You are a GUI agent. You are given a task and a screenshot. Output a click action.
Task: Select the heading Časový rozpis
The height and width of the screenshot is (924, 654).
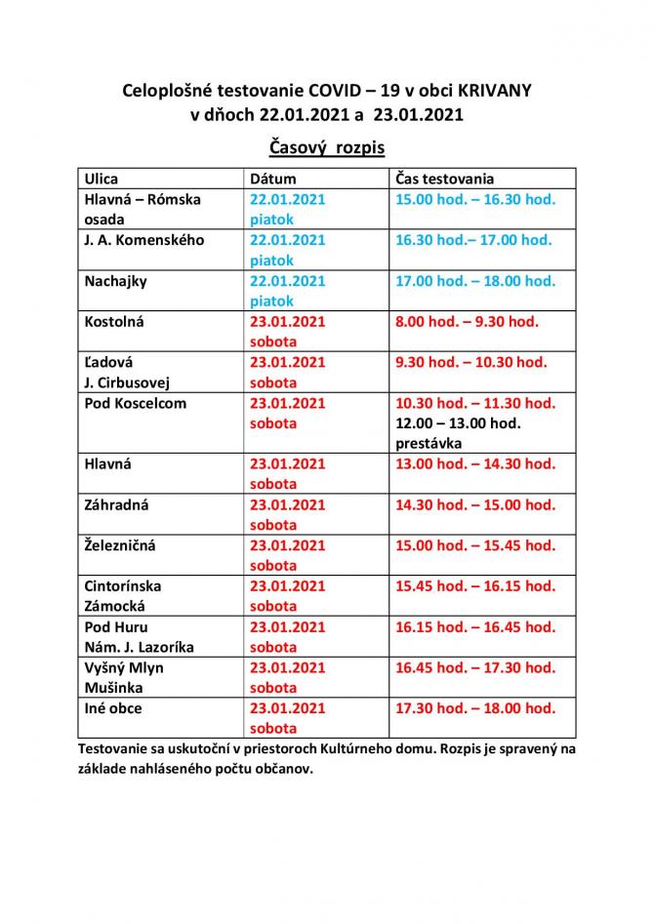[327, 147]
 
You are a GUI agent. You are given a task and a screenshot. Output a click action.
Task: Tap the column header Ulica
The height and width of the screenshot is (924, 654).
[102, 179]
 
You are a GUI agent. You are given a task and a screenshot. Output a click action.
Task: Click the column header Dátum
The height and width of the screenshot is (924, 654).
[273, 179]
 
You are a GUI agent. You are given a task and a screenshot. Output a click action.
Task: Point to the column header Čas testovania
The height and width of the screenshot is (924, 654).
[445, 179]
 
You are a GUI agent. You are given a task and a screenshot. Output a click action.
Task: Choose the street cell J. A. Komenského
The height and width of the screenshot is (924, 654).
[144, 239]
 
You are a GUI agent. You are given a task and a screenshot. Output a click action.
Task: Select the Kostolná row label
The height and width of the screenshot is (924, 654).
[114, 321]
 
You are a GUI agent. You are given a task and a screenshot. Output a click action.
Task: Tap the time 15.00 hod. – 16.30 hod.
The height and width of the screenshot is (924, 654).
[475, 199]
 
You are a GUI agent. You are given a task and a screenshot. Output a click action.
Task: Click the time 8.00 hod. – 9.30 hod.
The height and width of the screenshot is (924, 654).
[467, 321]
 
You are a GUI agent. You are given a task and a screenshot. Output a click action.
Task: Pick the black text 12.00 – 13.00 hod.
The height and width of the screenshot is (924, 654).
[458, 422]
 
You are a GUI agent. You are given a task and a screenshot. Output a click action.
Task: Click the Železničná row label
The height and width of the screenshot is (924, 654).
[120, 545]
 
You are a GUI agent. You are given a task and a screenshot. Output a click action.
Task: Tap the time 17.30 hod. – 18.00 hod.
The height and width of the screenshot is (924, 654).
[475, 708]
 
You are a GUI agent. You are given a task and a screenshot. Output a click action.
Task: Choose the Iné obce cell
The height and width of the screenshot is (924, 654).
[114, 708]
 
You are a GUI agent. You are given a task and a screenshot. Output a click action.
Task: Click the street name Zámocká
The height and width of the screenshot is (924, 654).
[113, 606]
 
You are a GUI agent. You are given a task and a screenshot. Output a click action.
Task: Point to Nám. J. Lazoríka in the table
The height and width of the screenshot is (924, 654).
[140, 647]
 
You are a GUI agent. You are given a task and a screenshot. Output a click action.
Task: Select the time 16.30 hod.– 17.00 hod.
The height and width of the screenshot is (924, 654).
[473, 239]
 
